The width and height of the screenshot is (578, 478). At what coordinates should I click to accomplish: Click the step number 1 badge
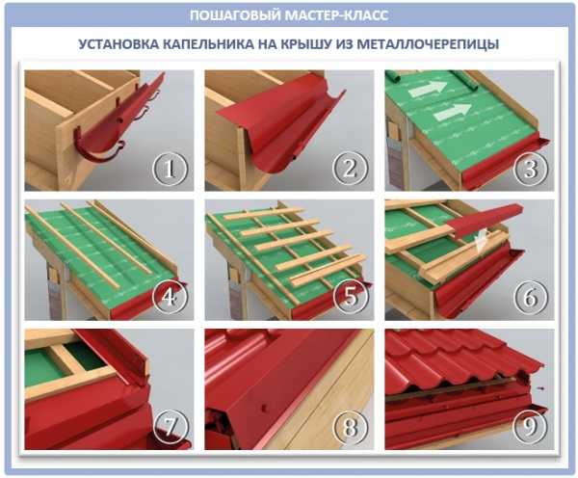(x=170, y=169)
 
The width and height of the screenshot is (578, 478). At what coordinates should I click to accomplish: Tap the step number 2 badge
(x=351, y=169)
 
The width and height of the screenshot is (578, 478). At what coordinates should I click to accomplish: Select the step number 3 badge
(x=531, y=169)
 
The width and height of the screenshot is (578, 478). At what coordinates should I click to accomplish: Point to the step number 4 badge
(x=170, y=297)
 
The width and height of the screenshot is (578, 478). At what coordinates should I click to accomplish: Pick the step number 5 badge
(x=351, y=297)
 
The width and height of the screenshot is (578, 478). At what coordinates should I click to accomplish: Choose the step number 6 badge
(x=531, y=297)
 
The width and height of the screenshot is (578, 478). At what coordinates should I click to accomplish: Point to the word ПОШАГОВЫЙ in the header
(x=235, y=15)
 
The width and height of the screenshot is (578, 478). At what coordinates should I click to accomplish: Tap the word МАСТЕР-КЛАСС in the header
(x=336, y=15)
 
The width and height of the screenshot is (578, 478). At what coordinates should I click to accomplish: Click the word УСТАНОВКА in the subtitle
(x=118, y=44)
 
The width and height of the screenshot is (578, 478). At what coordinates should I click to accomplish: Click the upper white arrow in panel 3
(x=427, y=88)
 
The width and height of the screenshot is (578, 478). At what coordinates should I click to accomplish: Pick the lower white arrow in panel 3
(x=452, y=112)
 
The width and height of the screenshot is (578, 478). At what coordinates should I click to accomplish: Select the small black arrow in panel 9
(x=540, y=387)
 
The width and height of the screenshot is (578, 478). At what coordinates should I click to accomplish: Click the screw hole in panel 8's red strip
(x=264, y=409)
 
